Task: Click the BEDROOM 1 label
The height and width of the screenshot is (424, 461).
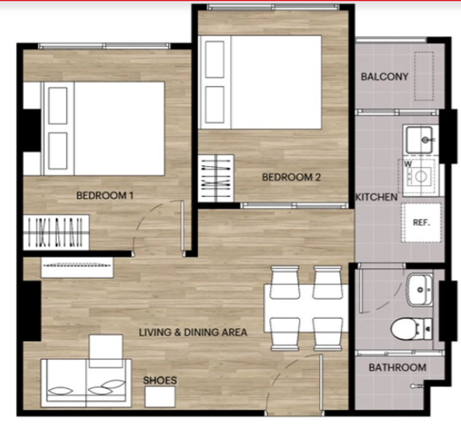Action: tap(104, 195)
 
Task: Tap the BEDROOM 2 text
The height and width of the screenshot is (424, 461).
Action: tap(291, 177)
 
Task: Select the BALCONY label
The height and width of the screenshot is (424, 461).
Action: tap(385, 77)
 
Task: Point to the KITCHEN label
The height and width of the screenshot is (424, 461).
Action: tap(376, 197)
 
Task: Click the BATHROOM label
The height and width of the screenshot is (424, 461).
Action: tap(398, 368)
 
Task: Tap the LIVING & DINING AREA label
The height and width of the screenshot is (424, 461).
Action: tap(193, 333)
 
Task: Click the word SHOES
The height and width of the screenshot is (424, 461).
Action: tap(160, 380)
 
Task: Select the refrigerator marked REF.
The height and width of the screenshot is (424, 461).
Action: tap(421, 223)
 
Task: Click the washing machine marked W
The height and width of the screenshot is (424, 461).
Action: tap(418, 177)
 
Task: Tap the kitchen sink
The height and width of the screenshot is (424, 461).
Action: tap(420, 140)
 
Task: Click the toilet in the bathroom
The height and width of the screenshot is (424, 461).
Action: tap(411, 329)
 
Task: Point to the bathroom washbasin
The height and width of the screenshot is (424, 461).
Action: tap(420, 290)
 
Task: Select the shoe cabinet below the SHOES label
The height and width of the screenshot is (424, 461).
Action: tap(160, 397)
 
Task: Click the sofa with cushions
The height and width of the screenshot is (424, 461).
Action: tap(86, 383)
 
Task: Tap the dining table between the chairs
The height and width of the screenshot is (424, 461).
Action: tap(305, 308)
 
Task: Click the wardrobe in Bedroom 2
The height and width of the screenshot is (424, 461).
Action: tap(216, 179)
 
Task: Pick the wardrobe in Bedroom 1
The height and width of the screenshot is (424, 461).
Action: tap(56, 233)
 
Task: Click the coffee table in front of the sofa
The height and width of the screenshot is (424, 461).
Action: tap(106, 351)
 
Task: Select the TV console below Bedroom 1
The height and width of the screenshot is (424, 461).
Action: tap(77, 268)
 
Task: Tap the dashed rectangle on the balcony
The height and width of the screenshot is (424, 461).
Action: tap(424, 76)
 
